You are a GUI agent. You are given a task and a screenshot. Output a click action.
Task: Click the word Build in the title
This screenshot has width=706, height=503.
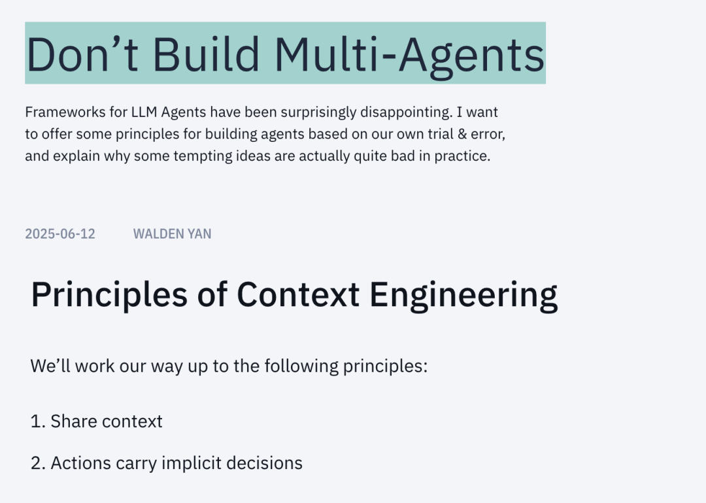point(206,54)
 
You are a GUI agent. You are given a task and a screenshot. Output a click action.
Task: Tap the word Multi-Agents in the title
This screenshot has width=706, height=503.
point(410,56)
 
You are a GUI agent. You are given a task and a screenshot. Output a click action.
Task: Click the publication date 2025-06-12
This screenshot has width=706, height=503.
point(60,234)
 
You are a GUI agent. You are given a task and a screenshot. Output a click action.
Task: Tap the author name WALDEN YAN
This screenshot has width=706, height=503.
point(172,234)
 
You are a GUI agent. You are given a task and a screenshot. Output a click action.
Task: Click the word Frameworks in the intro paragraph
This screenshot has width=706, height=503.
point(65,112)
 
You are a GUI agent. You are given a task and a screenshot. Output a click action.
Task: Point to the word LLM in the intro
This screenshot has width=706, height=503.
point(144,112)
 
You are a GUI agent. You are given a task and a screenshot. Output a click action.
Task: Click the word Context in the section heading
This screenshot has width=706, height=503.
point(298,294)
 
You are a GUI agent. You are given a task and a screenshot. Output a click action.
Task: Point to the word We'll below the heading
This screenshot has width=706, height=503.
point(50,366)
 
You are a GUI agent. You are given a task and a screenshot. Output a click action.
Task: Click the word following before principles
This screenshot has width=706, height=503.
point(301,366)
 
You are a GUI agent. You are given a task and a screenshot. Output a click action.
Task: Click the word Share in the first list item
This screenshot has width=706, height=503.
point(74,421)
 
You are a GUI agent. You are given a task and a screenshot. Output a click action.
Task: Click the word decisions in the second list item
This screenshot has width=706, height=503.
point(264,463)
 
